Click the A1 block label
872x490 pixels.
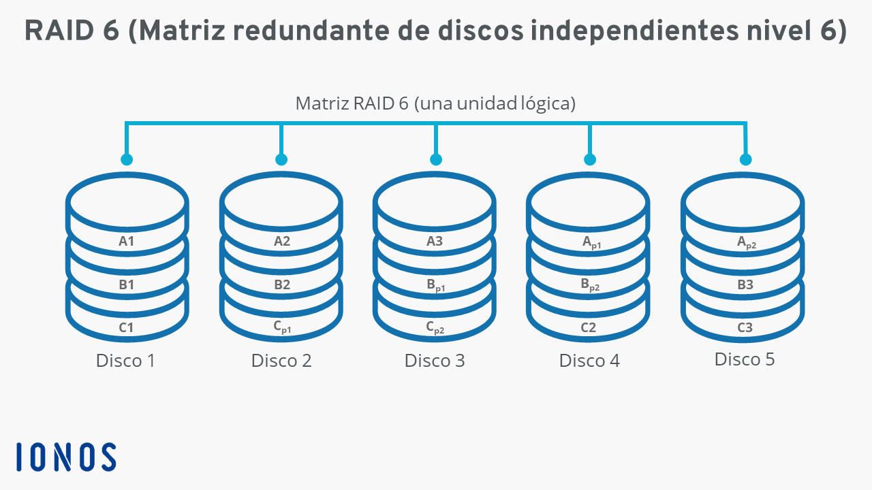[x=127, y=241]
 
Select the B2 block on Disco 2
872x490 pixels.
[x=282, y=284]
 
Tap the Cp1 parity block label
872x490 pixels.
[x=282, y=327]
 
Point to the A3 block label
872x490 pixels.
[x=435, y=241]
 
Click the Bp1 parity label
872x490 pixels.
[x=435, y=285]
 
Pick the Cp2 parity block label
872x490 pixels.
[x=435, y=327]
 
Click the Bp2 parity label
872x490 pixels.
[x=590, y=285]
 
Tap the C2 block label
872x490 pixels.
[x=588, y=327]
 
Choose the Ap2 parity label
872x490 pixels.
[x=747, y=242]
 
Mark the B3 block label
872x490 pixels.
[x=745, y=284]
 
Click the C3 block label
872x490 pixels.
[x=745, y=327]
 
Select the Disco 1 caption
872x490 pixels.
[x=125, y=361]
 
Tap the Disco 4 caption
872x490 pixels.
[x=589, y=361]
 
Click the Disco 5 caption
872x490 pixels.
[x=745, y=359]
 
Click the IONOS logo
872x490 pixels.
[x=66, y=457]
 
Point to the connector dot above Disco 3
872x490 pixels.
[x=436, y=159]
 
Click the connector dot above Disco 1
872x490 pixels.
[x=127, y=159]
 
